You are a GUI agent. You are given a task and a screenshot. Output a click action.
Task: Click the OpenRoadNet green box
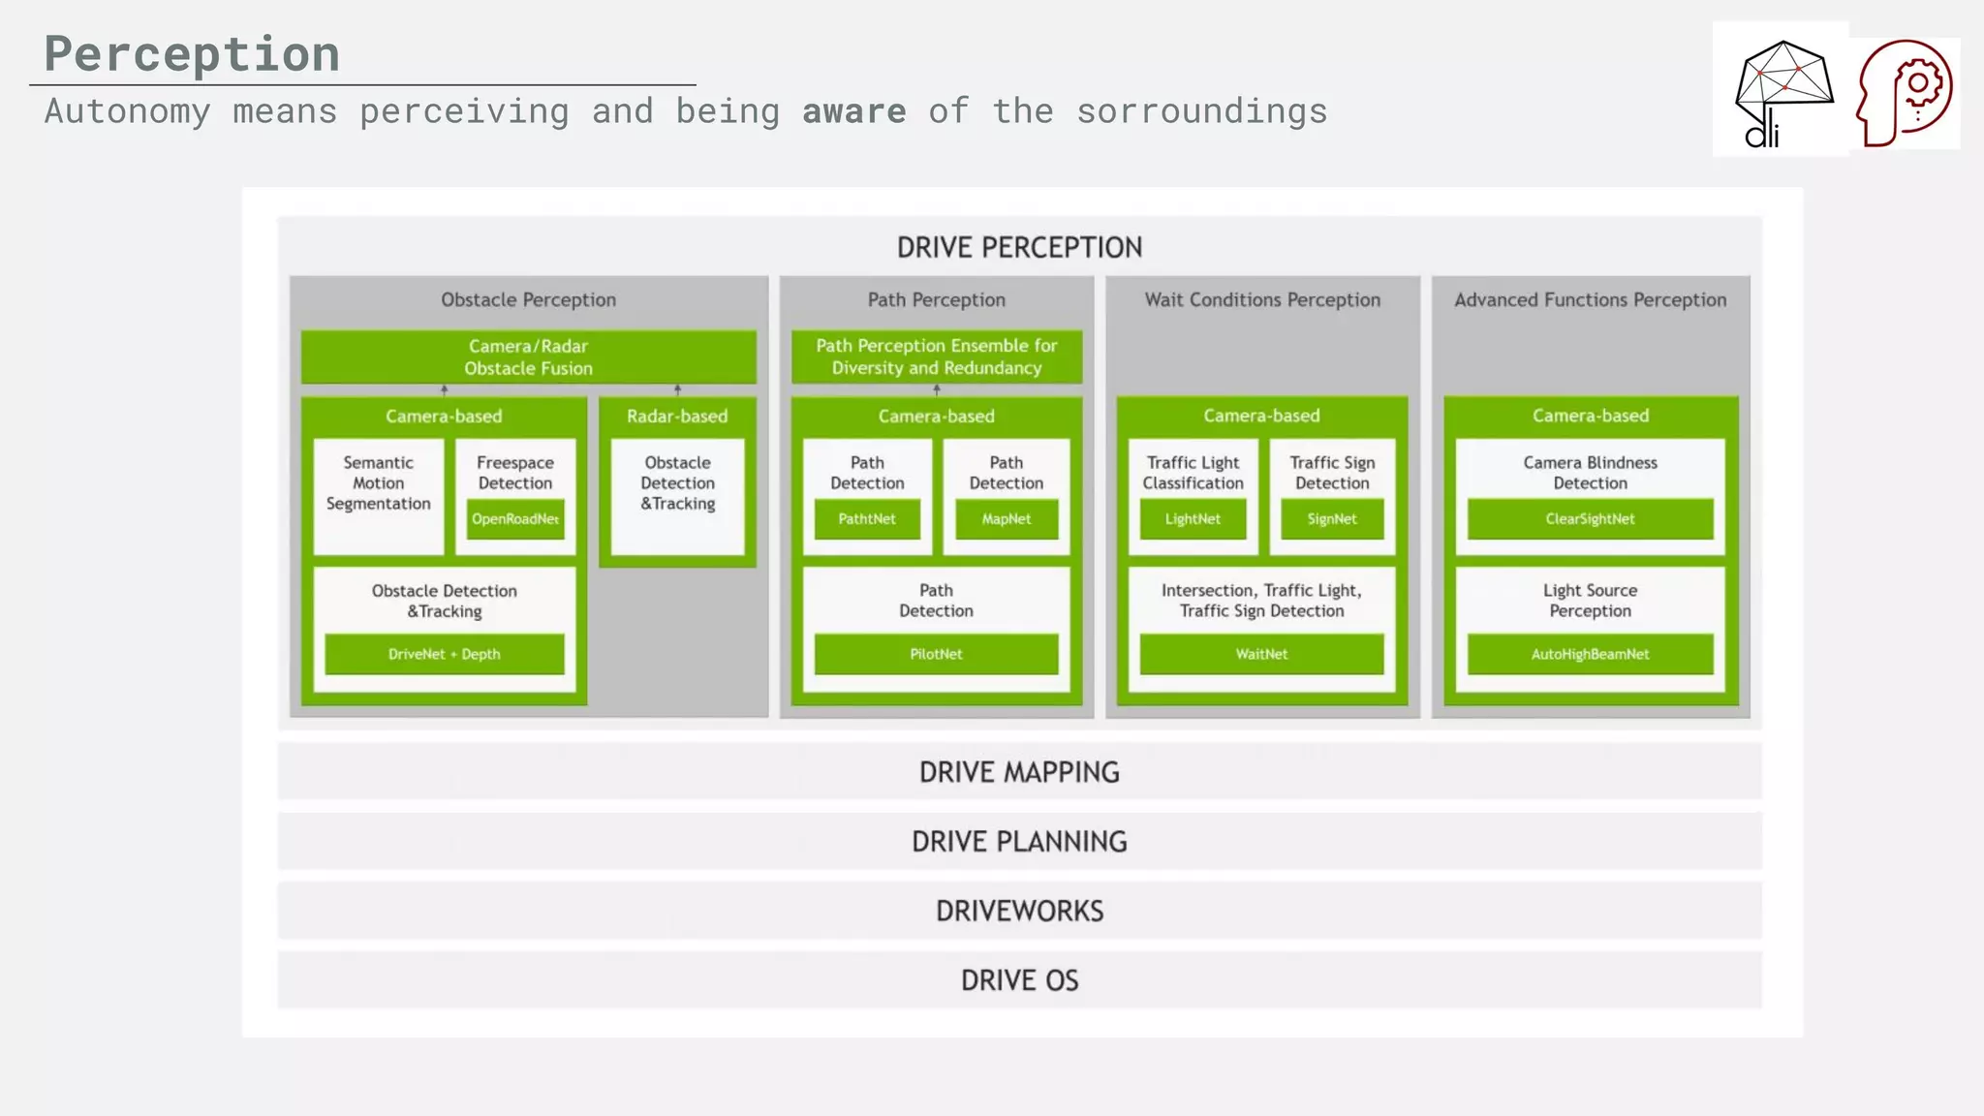(x=515, y=519)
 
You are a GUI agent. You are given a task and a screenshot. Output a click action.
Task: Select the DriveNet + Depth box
(x=445, y=654)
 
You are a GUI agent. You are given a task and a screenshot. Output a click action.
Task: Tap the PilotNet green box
(x=936, y=654)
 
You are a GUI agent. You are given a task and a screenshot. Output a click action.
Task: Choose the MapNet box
(x=1007, y=519)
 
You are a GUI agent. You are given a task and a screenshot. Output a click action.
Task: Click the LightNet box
(x=1193, y=519)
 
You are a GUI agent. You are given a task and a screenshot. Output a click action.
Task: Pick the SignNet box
(x=1332, y=519)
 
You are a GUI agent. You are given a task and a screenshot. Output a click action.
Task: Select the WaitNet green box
(x=1261, y=654)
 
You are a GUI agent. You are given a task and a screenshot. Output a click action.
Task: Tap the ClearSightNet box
(x=1590, y=519)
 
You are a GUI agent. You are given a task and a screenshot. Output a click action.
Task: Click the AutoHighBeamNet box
(x=1590, y=654)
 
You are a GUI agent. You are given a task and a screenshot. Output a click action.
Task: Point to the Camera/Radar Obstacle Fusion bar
(x=528, y=357)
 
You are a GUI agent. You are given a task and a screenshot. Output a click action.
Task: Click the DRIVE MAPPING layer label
(x=1019, y=772)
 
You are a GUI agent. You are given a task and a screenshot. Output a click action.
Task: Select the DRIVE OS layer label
(x=1019, y=980)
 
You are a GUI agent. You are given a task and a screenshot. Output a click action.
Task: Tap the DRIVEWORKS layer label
(x=1019, y=911)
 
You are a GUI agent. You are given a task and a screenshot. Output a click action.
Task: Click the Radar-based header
(x=677, y=417)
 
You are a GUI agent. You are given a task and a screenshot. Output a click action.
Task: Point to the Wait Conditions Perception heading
(x=1262, y=300)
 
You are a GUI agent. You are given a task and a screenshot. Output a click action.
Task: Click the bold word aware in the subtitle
(x=853, y=111)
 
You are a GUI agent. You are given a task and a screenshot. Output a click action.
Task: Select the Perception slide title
(x=192, y=53)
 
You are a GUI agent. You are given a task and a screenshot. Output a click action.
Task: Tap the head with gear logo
(x=1905, y=93)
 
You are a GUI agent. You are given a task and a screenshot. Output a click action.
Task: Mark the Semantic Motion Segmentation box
(x=379, y=484)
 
